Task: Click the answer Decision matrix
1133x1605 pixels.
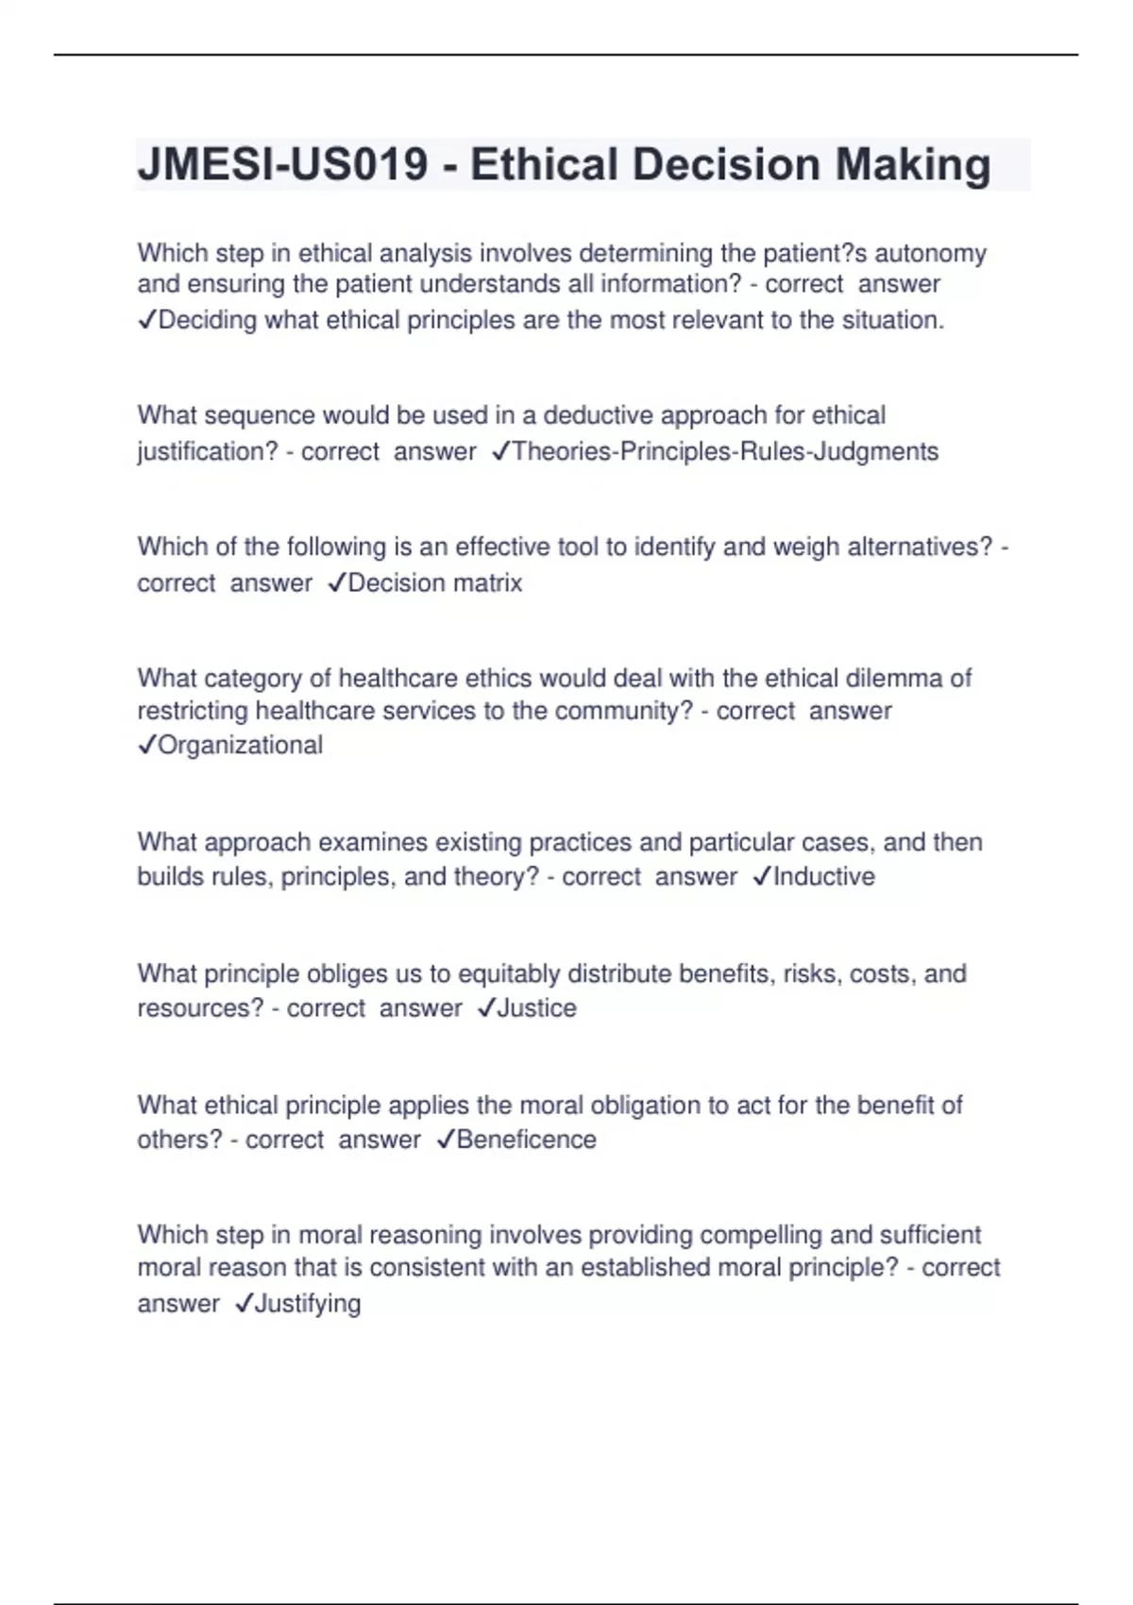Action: [x=434, y=583]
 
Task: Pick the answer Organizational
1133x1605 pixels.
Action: [x=240, y=745]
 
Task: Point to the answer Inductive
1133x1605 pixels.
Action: [x=823, y=876]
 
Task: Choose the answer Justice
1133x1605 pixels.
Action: [x=536, y=1007]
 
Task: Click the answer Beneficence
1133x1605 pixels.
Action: [x=526, y=1139]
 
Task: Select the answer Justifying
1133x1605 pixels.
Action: [x=308, y=1303]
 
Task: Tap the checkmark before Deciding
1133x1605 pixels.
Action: [x=146, y=321]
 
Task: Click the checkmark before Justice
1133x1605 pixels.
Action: [x=486, y=1008]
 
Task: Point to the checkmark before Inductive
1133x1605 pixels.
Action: [x=762, y=877]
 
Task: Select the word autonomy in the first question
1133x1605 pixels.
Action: [x=931, y=253]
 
